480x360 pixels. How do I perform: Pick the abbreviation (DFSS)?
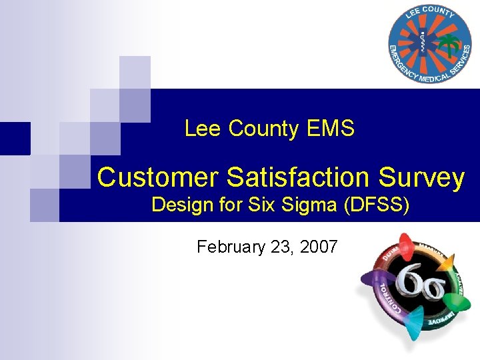[376, 205]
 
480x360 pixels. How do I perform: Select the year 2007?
[319, 247]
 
